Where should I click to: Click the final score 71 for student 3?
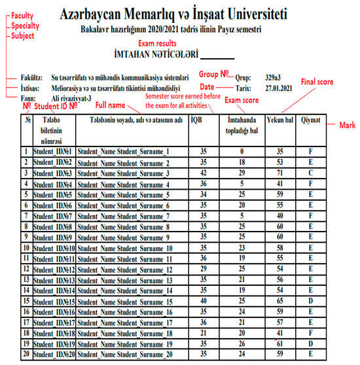point(279,173)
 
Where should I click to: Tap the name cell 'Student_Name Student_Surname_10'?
point(127,249)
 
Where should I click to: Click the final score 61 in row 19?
point(279,343)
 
